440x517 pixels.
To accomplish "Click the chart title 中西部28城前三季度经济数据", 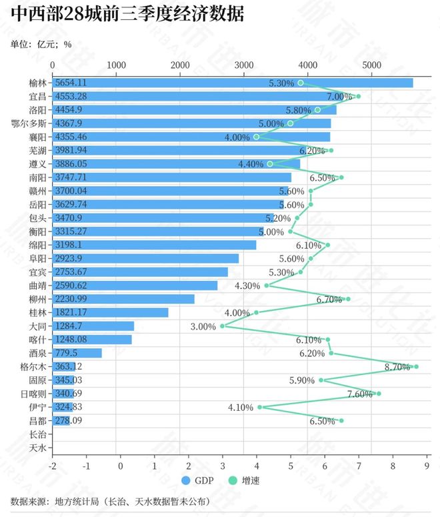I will pyautogui.click(x=127, y=15).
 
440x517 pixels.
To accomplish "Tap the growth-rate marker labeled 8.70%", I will pyautogui.click(x=417, y=366).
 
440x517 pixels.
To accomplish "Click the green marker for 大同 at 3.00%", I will pyautogui.click(x=222, y=326).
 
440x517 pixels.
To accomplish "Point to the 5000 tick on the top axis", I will pyautogui.click(x=371, y=65).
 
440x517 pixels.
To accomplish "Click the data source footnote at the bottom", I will pyautogui.click(x=111, y=501).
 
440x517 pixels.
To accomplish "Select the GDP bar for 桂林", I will pyautogui.click(x=110, y=312).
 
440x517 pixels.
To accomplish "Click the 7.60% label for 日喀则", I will pyautogui.click(x=360, y=394).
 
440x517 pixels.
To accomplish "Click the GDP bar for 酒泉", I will pyautogui.click(x=77, y=353).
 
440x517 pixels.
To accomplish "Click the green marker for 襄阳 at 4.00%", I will pyautogui.click(x=256, y=137).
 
